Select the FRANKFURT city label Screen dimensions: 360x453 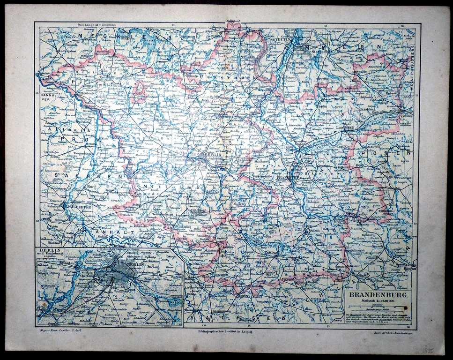pos(286,178)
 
